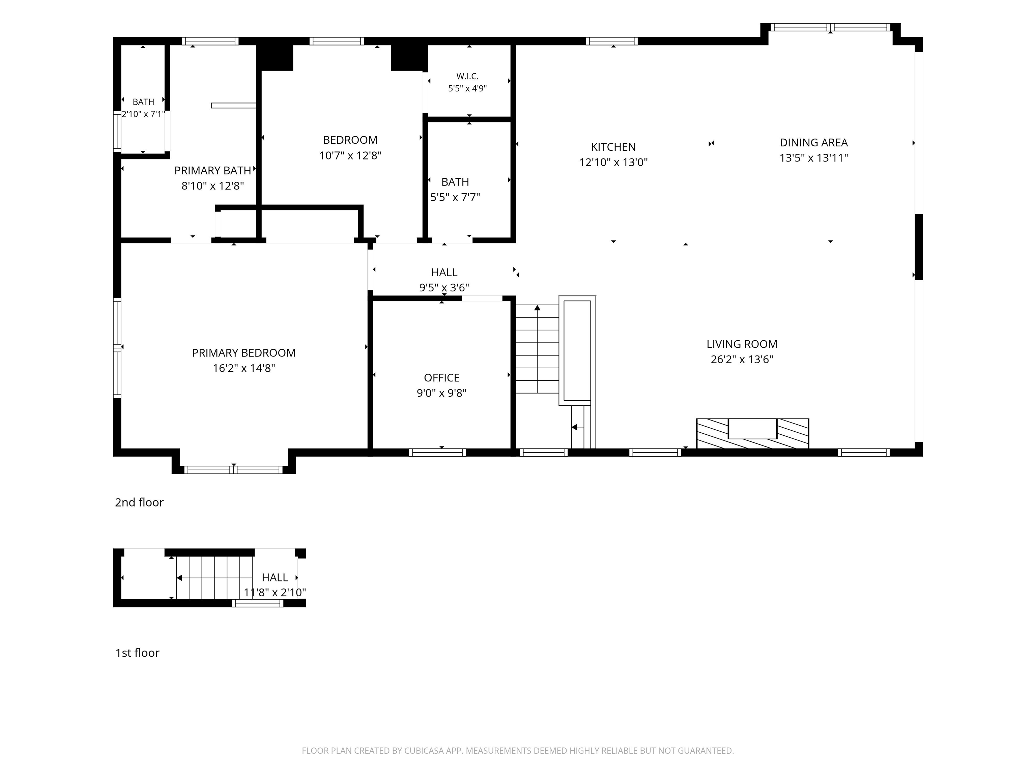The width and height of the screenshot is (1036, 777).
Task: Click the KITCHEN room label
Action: [x=613, y=147]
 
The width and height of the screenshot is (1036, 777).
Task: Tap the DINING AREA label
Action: [x=813, y=142]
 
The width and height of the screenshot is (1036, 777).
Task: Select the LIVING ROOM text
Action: [x=742, y=344]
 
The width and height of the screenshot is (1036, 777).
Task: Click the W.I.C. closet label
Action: [x=467, y=76]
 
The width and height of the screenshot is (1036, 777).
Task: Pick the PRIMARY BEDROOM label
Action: [x=243, y=353]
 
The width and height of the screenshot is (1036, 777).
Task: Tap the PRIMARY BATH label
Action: [x=213, y=171]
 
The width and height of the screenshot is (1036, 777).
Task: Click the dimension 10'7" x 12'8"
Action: [x=350, y=155]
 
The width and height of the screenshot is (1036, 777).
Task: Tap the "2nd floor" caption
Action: [x=139, y=502]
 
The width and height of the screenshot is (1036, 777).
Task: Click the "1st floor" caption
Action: [x=137, y=653]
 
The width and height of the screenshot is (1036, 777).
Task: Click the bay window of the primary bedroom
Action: [x=234, y=470]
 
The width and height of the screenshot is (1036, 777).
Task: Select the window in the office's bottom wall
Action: [x=437, y=453]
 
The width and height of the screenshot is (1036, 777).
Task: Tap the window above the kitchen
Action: [x=612, y=41]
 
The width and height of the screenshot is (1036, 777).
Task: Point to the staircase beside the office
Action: [x=538, y=349]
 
